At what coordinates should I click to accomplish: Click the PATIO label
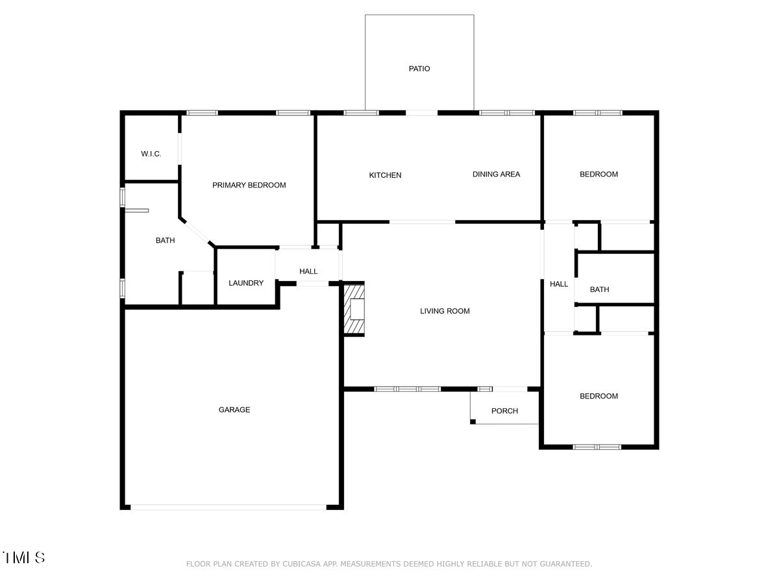pos(419,69)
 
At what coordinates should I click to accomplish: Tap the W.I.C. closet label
pos(151,154)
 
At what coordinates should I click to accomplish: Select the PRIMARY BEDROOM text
pos(249,185)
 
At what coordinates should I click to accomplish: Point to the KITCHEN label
pos(385,175)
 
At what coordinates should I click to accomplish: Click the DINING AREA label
pos(496,174)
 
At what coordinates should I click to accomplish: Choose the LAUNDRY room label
pos(246,283)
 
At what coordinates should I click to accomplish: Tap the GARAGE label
pos(234,409)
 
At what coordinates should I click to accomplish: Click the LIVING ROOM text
pos(445,311)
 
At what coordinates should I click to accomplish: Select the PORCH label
pos(504,411)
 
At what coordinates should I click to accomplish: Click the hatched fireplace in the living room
pos(354,309)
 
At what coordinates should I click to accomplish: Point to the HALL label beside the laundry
pos(308,271)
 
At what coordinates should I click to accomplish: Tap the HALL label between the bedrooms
pos(559,284)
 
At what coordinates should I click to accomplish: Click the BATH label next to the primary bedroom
pos(165,240)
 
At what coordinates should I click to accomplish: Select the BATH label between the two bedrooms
pos(599,289)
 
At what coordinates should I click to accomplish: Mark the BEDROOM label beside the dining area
pos(599,174)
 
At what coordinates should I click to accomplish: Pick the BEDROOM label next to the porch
pos(599,396)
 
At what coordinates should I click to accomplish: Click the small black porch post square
pos(473,422)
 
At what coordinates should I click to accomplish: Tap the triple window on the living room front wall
pos(408,389)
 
